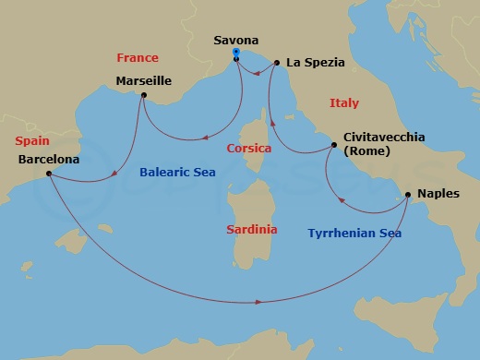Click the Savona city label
coord(236,41)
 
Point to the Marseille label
coord(143,80)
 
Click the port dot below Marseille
coord(144,95)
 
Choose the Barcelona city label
coord(48,159)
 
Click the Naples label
coord(438,194)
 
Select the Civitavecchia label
coord(384,137)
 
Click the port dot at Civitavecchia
coord(334,146)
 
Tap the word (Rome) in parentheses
coord(366,151)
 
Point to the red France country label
coord(138,57)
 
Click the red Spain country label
coord(32,141)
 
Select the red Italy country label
coord(343,103)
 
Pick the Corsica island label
coord(248,148)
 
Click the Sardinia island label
coord(251,228)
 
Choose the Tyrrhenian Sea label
coord(354,234)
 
